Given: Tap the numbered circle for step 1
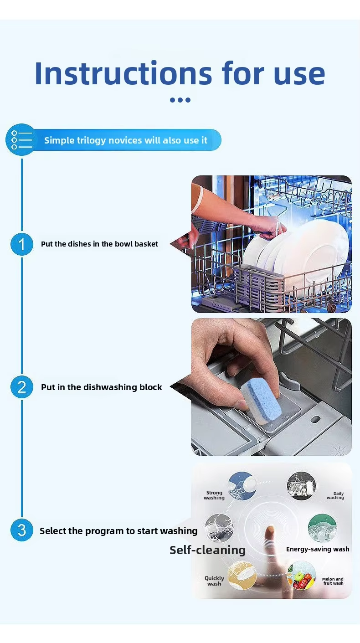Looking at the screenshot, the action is pyautogui.click(x=22, y=244).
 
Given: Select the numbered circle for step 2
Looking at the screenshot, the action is pyautogui.click(x=22, y=387).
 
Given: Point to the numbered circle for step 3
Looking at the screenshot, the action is pyautogui.click(x=22, y=530).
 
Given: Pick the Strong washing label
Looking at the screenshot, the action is pyautogui.click(x=214, y=495).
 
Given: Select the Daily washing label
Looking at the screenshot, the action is pyautogui.click(x=335, y=495).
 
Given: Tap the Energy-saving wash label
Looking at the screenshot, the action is pyautogui.click(x=318, y=549).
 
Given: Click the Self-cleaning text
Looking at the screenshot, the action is pyautogui.click(x=207, y=550).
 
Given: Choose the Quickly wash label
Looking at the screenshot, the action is pyautogui.click(x=214, y=581).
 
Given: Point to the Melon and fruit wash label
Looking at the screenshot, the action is pyautogui.click(x=333, y=581).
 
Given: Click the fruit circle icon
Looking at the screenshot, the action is pyautogui.click(x=301, y=576).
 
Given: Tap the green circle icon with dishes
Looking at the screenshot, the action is pyautogui.click(x=322, y=528).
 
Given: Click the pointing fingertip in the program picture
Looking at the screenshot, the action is pyautogui.click(x=270, y=530).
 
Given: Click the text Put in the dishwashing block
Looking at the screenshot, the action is pyautogui.click(x=101, y=387).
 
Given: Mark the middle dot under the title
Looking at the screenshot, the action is pyautogui.click(x=180, y=100).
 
